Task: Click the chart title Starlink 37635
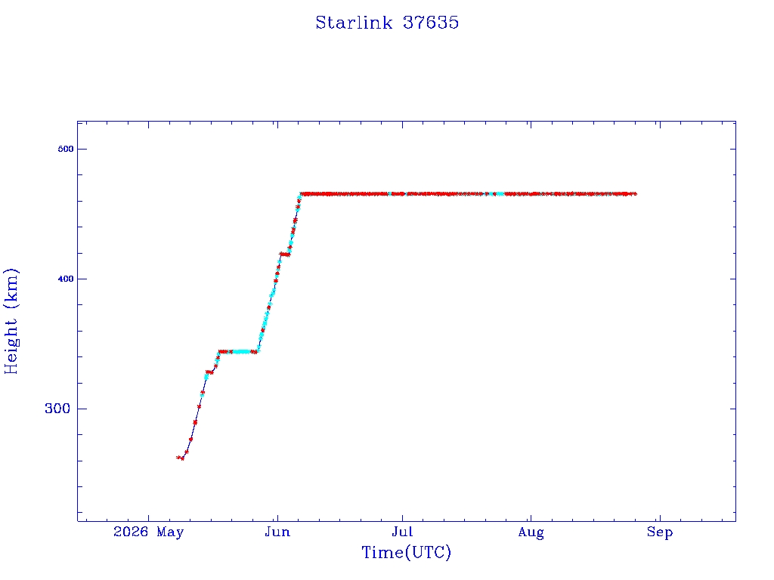387,23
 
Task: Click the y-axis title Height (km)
11,321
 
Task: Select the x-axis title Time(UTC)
406,552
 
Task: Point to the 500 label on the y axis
66,149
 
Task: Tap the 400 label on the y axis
66,279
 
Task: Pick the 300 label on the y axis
57,409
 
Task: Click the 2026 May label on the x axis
149,532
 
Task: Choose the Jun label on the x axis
277,532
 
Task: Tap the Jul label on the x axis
402,532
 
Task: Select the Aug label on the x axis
531,532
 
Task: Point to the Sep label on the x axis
660,532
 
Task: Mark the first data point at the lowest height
178,457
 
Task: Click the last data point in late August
635,194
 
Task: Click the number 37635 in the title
431,23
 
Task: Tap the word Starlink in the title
354,23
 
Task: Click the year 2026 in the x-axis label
131,532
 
